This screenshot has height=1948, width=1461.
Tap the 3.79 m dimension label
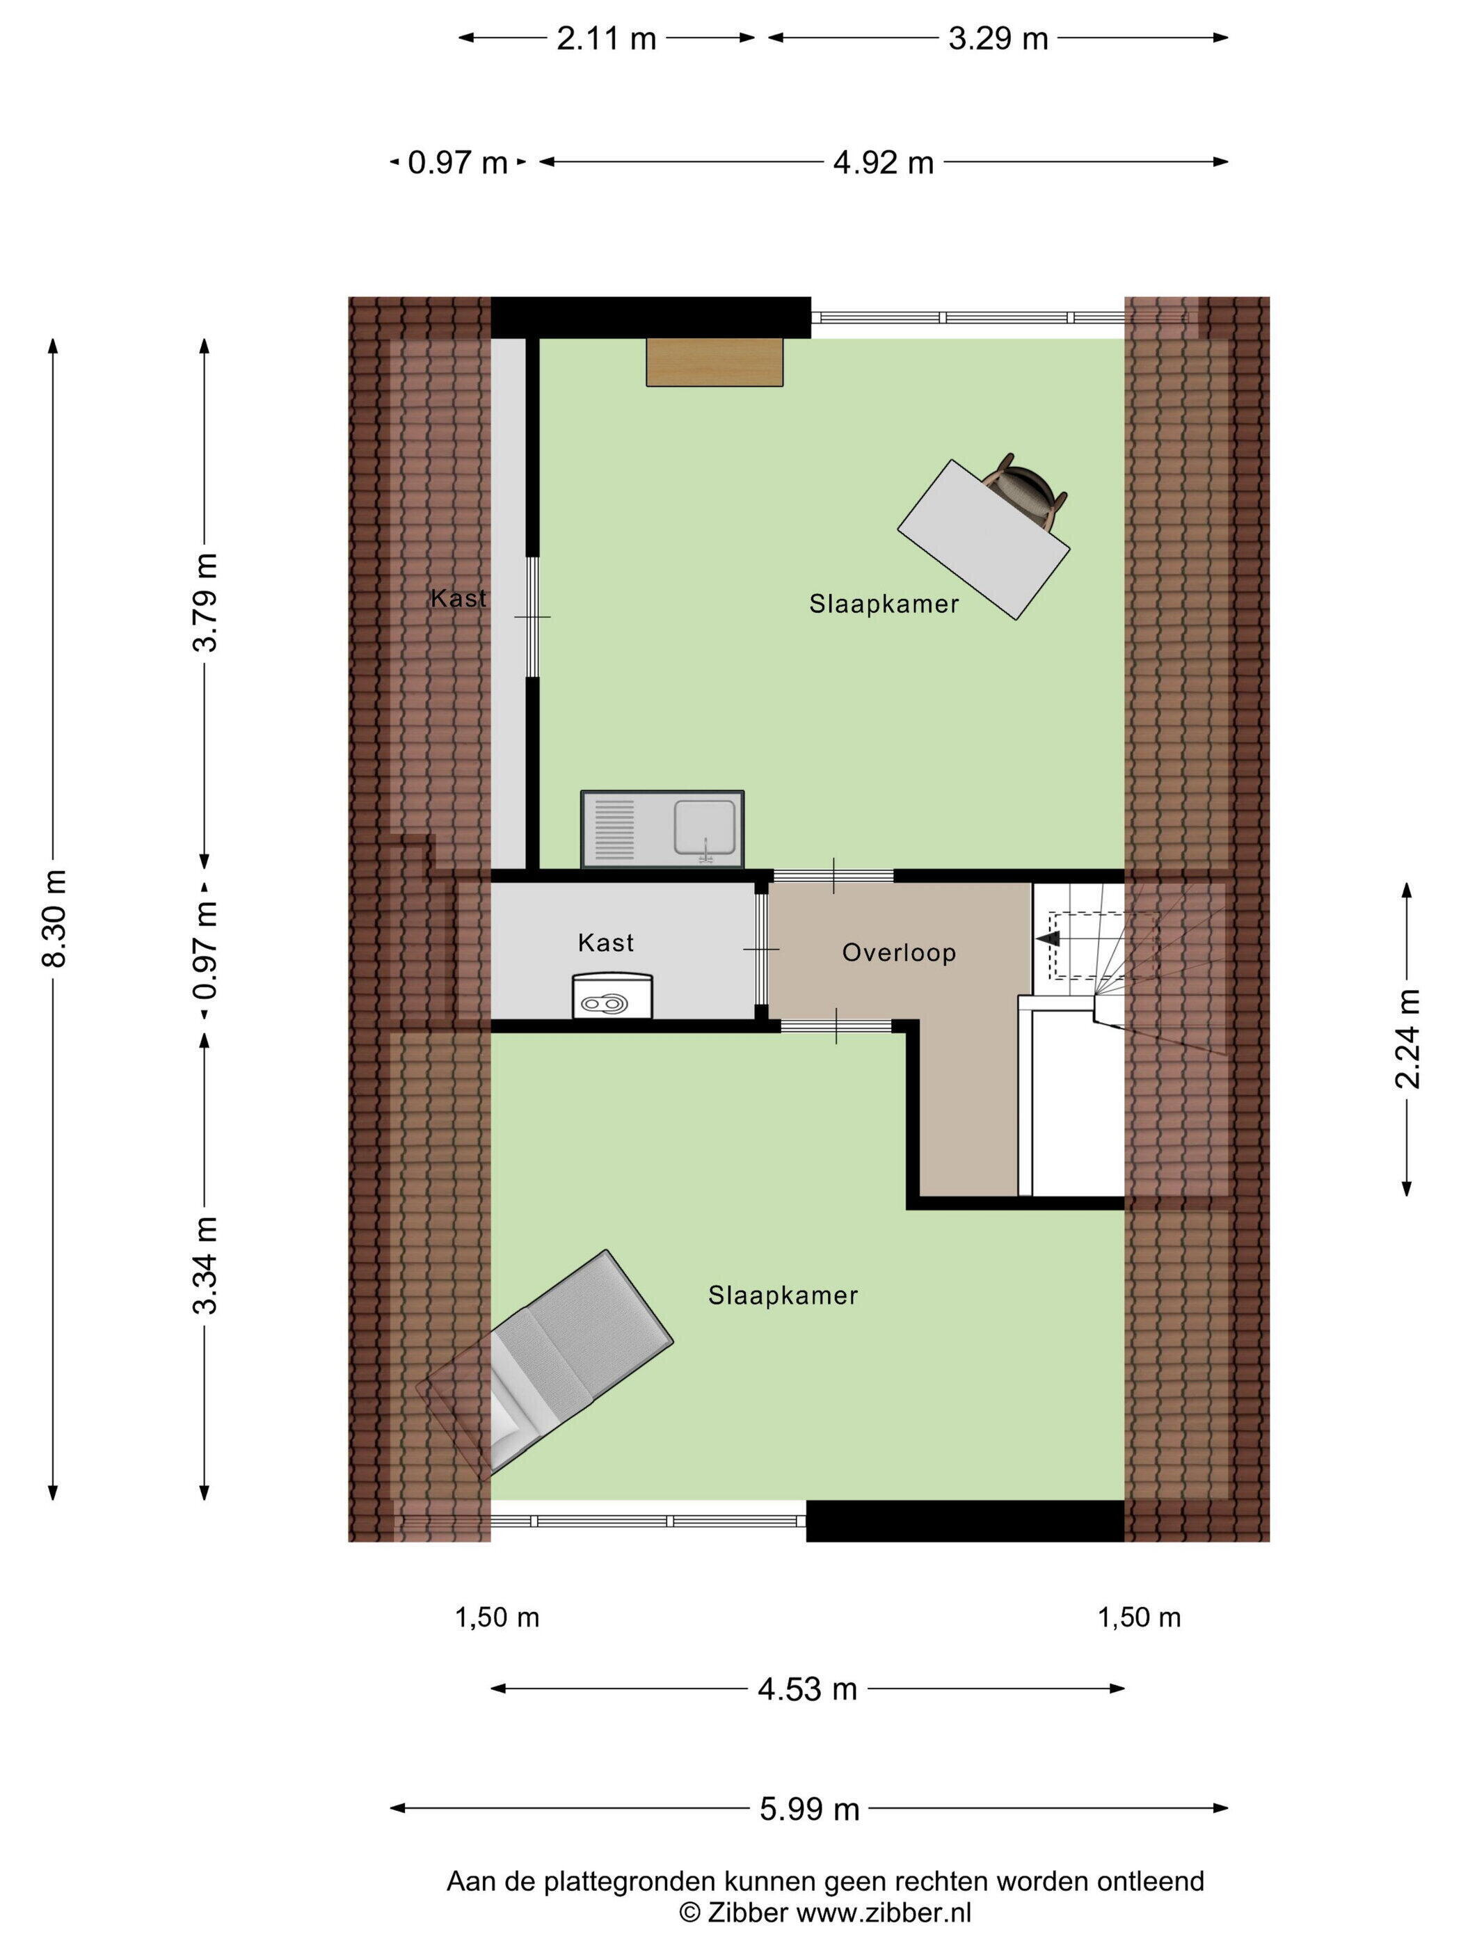pos(205,602)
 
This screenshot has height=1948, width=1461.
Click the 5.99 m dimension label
pos(809,1809)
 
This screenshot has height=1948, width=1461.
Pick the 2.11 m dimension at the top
pos(606,38)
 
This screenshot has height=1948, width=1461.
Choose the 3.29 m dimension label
pos(998,38)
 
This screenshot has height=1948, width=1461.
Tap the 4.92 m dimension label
pos(884,162)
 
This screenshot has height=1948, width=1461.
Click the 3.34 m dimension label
pos(205,1265)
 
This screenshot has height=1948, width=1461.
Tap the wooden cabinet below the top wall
pos(714,361)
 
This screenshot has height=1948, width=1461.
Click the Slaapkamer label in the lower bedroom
pos(783,1295)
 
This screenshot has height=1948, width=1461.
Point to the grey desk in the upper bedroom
pos(983,540)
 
